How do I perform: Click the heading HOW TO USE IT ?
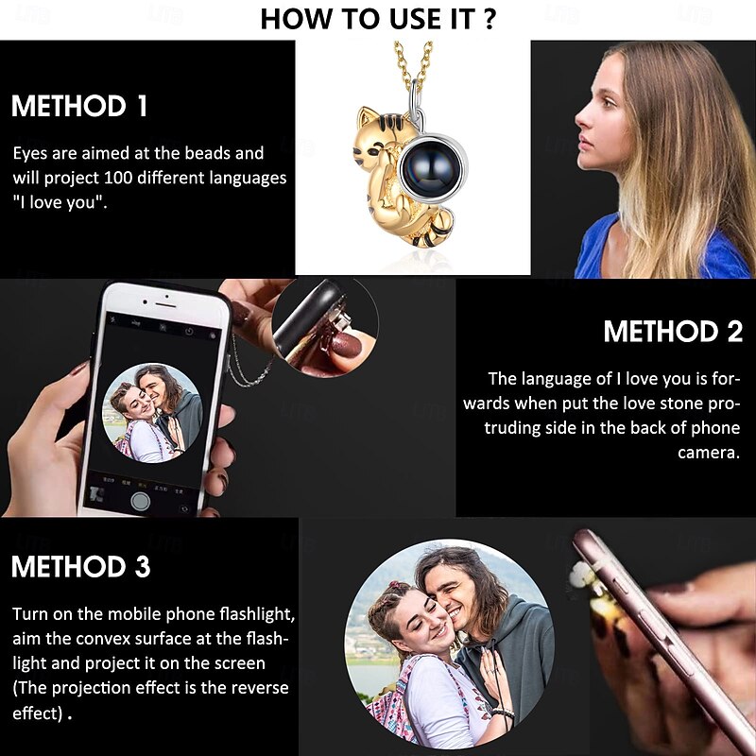pos(378,19)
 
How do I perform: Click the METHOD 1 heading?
pos(79,106)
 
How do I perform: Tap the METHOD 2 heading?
pos(673,332)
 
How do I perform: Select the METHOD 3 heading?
pos(81,566)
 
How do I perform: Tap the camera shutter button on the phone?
pos(140,501)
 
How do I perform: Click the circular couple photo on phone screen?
pos(152,413)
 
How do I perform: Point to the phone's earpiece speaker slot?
pos(166,305)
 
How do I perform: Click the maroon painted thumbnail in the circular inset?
pos(346,346)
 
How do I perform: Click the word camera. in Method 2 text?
pos(708,453)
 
